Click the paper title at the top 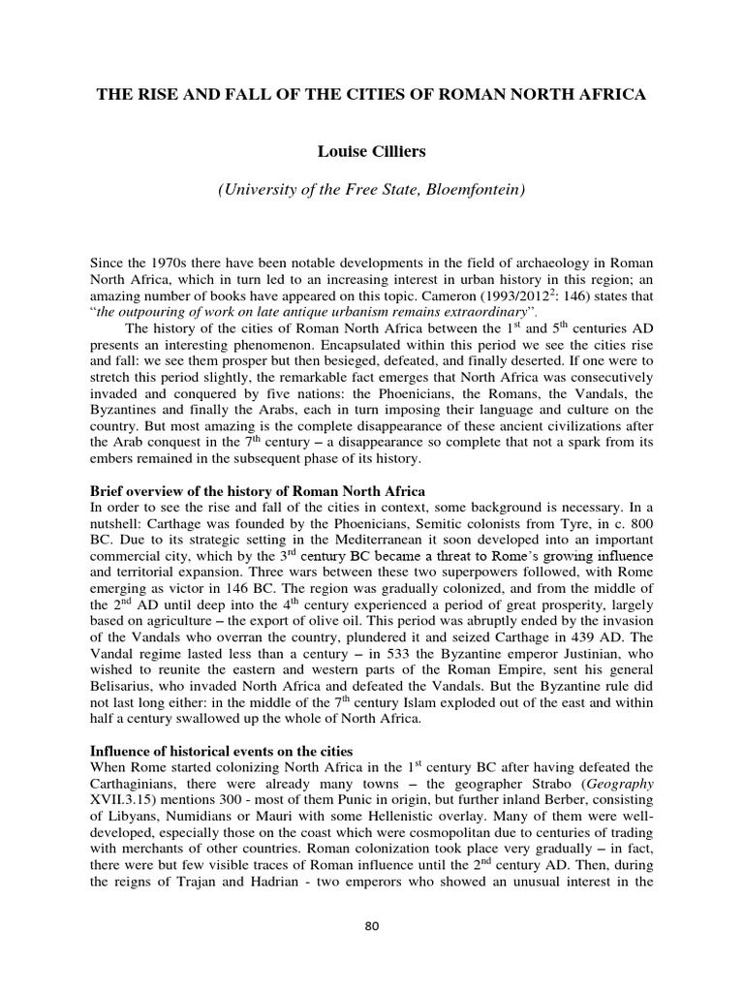pos(372,97)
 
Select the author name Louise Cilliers pos(372,151)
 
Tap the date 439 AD pos(608,638)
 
